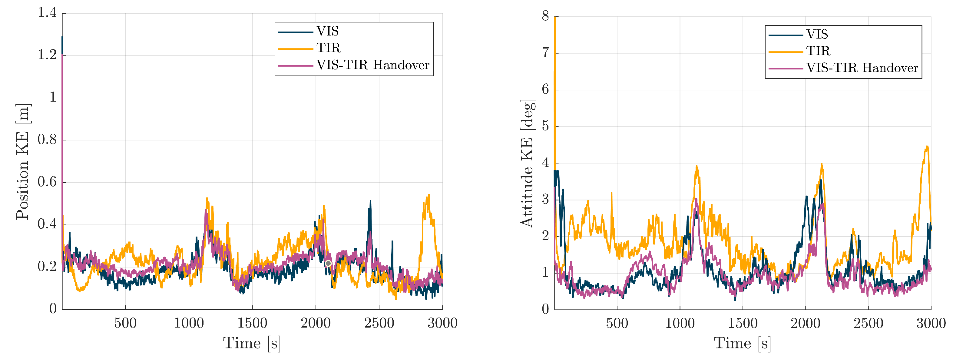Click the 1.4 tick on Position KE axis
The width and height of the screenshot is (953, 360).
pyautogui.click(x=47, y=13)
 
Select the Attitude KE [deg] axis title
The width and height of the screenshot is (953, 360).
pyautogui.click(x=527, y=163)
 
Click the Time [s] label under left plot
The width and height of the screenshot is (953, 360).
pyautogui.click(x=252, y=343)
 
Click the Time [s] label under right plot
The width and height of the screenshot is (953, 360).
pyautogui.click(x=742, y=343)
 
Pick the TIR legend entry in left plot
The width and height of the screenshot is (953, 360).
pyautogui.click(x=329, y=48)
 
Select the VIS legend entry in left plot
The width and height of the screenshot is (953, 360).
pyautogui.click(x=327, y=31)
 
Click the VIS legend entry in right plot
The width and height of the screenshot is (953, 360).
pyautogui.click(x=817, y=35)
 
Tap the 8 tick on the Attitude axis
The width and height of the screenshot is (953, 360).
pyautogui.click(x=545, y=16)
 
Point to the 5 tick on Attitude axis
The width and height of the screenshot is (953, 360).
pyautogui.click(x=545, y=126)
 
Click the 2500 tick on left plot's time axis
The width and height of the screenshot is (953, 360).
pyautogui.click(x=379, y=323)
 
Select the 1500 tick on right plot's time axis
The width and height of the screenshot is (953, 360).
pyautogui.click(x=743, y=323)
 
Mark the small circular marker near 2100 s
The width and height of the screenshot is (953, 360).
pyautogui.click(x=328, y=263)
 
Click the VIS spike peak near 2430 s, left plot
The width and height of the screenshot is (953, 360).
pyautogui.click(x=370, y=201)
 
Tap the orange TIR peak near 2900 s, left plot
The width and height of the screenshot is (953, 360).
pyautogui.click(x=429, y=195)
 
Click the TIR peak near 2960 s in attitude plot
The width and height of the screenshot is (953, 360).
pyautogui.click(x=927, y=147)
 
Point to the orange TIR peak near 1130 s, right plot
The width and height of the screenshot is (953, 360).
pyautogui.click(x=697, y=166)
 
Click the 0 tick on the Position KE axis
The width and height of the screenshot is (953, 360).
pyautogui.click(x=53, y=308)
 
